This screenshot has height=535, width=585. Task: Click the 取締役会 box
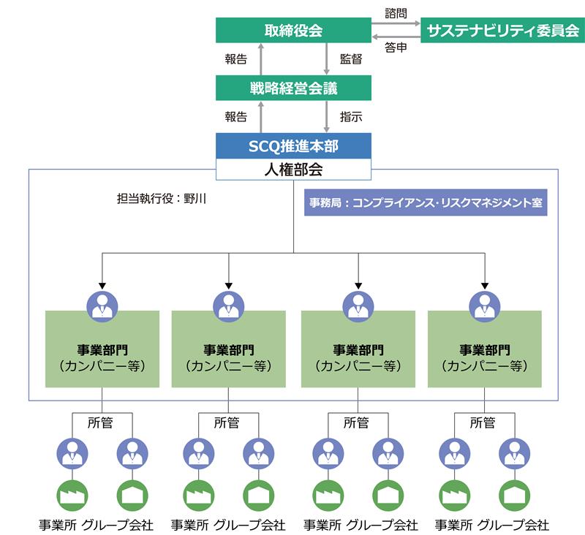293,30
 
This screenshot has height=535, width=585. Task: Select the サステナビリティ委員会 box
502,30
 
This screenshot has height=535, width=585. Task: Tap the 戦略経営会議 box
293,88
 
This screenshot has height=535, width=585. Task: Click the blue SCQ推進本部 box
293,145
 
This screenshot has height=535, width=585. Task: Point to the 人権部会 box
293,170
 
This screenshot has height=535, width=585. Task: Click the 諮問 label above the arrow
396,13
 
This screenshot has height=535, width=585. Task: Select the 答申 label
396,48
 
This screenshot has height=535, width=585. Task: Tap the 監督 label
351,59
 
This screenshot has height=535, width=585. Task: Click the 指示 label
351,117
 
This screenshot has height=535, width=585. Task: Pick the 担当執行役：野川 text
162,198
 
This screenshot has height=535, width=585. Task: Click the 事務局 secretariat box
426,202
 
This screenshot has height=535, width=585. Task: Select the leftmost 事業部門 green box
102,349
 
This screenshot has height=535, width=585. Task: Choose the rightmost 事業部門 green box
485,349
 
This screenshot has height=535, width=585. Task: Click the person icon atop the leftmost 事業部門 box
102,307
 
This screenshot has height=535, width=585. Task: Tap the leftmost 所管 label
100,422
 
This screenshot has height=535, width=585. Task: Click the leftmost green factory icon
72,496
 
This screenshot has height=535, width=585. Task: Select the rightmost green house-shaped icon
515,496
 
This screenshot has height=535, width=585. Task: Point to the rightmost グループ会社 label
513,525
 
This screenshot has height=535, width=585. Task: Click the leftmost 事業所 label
58,525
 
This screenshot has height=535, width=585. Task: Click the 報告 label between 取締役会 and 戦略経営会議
235,59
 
